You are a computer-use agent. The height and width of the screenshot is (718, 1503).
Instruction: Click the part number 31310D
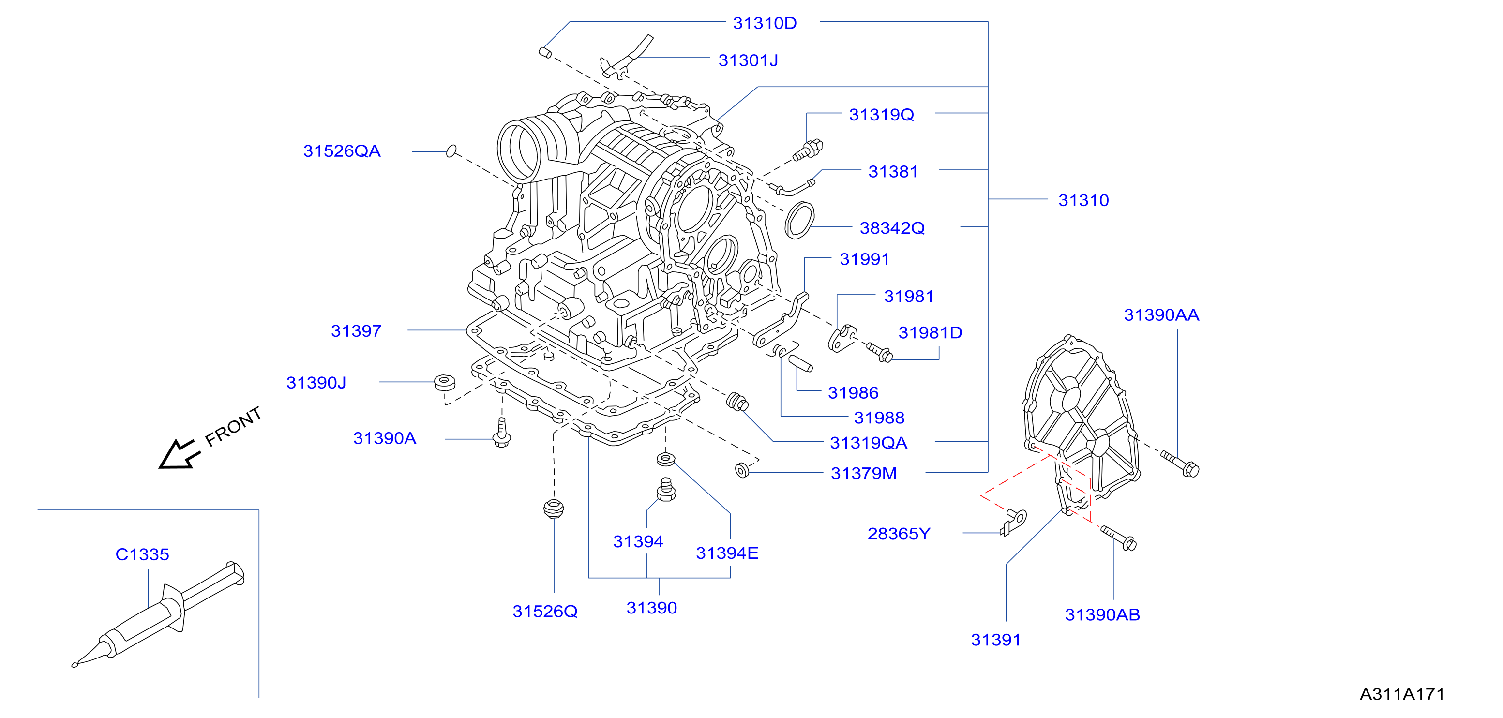click(765, 23)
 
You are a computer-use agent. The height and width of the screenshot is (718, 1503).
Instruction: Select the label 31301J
click(748, 60)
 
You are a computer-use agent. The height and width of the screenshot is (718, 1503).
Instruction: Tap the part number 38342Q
click(892, 228)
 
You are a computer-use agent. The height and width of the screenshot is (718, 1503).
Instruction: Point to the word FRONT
click(233, 426)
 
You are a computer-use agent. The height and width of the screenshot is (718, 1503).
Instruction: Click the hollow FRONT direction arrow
click(179, 454)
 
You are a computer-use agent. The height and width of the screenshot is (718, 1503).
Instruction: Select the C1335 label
click(142, 554)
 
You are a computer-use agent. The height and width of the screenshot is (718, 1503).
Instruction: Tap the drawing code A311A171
click(1401, 694)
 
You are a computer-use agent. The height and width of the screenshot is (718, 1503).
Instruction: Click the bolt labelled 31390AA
click(1180, 464)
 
